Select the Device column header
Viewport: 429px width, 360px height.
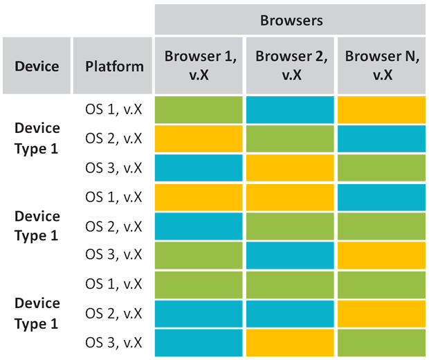pyautogui.click(x=37, y=66)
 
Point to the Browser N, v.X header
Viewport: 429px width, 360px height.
pyautogui.click(x=382, y=66)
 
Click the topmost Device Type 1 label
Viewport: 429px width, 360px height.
pyautogui.click(x=37, y=138)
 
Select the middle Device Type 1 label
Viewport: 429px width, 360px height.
pyautogui.click(x=37, y=226)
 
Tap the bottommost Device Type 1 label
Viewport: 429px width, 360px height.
pyautogui.click(x=37, y=314)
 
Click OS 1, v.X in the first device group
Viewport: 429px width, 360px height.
pyautogui.click(x=113, y=109)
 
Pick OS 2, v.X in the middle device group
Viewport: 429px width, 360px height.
pyautogui.click(x=113, y=226)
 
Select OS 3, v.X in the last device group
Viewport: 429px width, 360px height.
pyautogui.click(x=113, y=343)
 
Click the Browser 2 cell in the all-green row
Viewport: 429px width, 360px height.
pyautogui.click(x=290, y=285)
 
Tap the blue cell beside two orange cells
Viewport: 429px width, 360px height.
pyautogui.click(x=382, y=197)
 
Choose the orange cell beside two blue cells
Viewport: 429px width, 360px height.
pyautogui.click(x=382, y=314)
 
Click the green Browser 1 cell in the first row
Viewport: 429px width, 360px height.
pyautogui.click(x=199, y=110)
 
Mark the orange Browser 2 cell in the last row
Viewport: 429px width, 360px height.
pyautogui.click(x=290, y=343)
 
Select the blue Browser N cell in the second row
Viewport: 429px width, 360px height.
pyautogui.click(x=382, y=138)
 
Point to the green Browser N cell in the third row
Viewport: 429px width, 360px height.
pyautogui.click(x=382, y=168)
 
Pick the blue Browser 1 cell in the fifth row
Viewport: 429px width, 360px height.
pyautogui.click(x=199, y=226)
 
